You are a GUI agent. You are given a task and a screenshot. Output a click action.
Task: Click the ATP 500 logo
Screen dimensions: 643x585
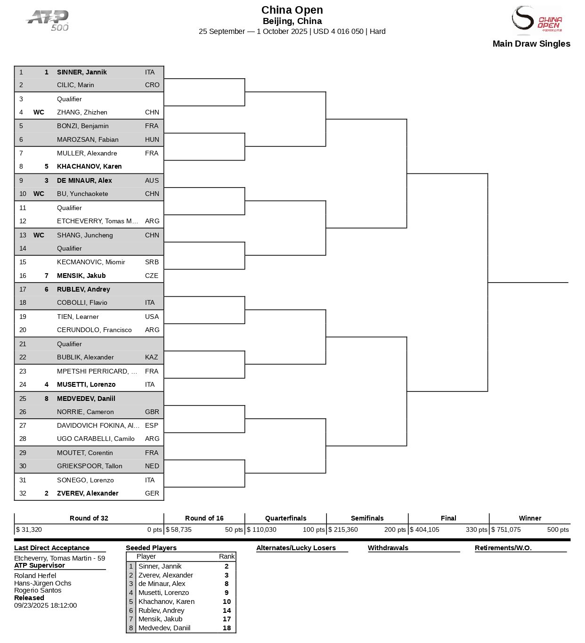tap(48, 21)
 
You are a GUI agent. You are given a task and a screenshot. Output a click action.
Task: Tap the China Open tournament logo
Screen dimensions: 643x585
tap(536, 21)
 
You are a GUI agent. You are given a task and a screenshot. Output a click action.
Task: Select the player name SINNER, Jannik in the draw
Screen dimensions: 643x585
tap(81, 72)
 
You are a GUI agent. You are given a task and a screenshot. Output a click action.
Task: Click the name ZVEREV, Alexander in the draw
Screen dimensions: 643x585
tap(88, 493)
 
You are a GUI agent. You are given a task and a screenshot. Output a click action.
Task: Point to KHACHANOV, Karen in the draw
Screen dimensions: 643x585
tap(89, 166)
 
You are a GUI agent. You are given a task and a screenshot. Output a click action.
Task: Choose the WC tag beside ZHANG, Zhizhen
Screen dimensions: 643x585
tap(39, 112)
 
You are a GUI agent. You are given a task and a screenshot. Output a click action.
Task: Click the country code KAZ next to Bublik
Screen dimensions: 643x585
tap(151, 357)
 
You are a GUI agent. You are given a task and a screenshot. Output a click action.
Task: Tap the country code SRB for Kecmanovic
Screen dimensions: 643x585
tap(152, 262)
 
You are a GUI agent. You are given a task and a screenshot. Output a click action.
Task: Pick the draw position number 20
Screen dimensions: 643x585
tap(23, 330)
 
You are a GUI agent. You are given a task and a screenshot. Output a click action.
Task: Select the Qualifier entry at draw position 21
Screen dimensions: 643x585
tap(69, 344)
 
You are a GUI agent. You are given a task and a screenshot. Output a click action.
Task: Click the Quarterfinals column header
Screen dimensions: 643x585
tap(285, 518)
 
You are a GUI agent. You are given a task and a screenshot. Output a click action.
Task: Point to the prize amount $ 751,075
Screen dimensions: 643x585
tap(506, 529)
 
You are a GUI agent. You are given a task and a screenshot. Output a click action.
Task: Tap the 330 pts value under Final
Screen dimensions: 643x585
tap(476, 529)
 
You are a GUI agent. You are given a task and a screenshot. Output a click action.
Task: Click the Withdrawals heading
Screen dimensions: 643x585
tap(388, 548)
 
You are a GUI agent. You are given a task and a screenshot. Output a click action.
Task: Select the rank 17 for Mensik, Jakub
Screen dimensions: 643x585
tap(227, 619)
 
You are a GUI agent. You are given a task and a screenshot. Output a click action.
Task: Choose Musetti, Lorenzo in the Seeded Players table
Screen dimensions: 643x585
tap(163, 593)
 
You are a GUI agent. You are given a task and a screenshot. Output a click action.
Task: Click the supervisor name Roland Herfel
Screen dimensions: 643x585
tap(35, 576)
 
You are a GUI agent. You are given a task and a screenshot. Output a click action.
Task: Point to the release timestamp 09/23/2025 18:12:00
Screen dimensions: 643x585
tap(45, 605)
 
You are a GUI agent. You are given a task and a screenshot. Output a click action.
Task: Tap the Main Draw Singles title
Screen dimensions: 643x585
tap(531, 44)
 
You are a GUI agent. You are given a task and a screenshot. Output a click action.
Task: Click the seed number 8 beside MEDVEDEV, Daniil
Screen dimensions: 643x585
tap(47, 399)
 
